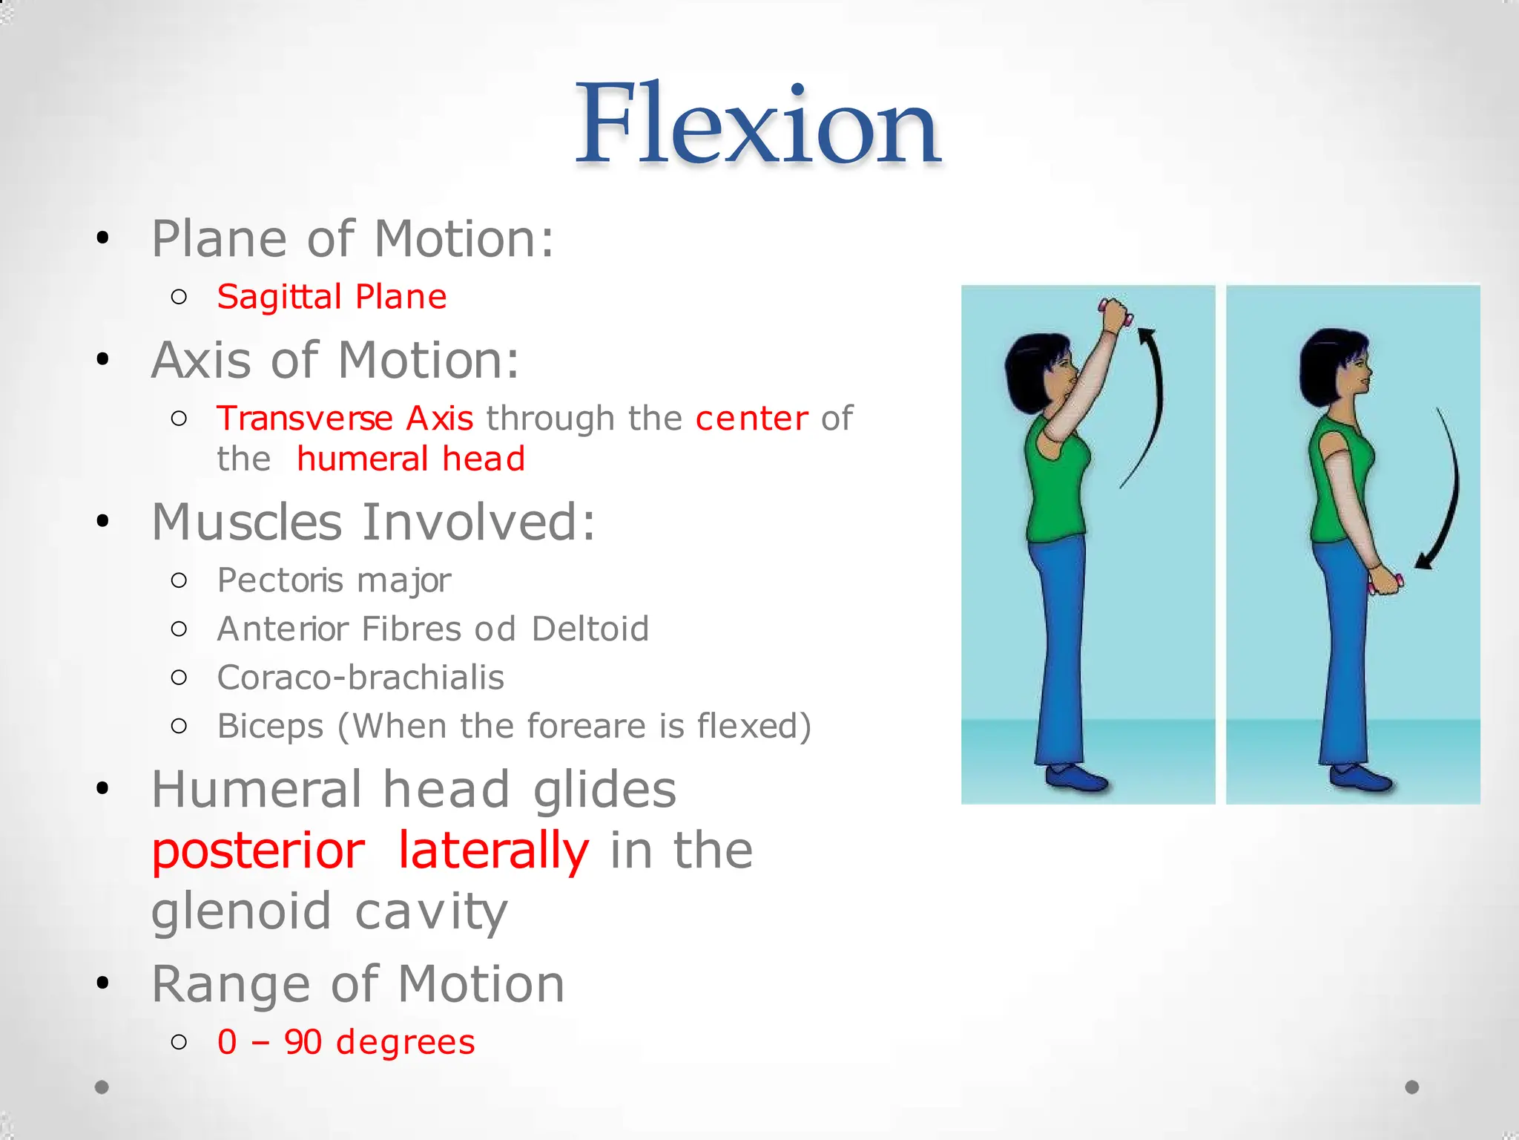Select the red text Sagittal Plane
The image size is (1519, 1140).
(332, 297)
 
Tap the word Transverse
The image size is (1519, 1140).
(304, 419)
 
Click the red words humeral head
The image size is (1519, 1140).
(411, 459)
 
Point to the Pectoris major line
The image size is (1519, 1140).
(334, 580)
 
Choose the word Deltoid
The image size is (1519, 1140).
(590, 629)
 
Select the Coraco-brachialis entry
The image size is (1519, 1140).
(360, 678)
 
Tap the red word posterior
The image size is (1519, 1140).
(258, 851)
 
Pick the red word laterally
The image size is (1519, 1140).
(493, 851)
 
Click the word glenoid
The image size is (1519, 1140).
(241, 911)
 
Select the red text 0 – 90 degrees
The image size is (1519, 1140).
(346, 1042)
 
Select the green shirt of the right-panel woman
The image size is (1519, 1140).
(1335, 482)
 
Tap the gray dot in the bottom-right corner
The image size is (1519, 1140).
(1412, 1087)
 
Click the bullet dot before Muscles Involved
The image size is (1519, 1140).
(102, 522)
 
